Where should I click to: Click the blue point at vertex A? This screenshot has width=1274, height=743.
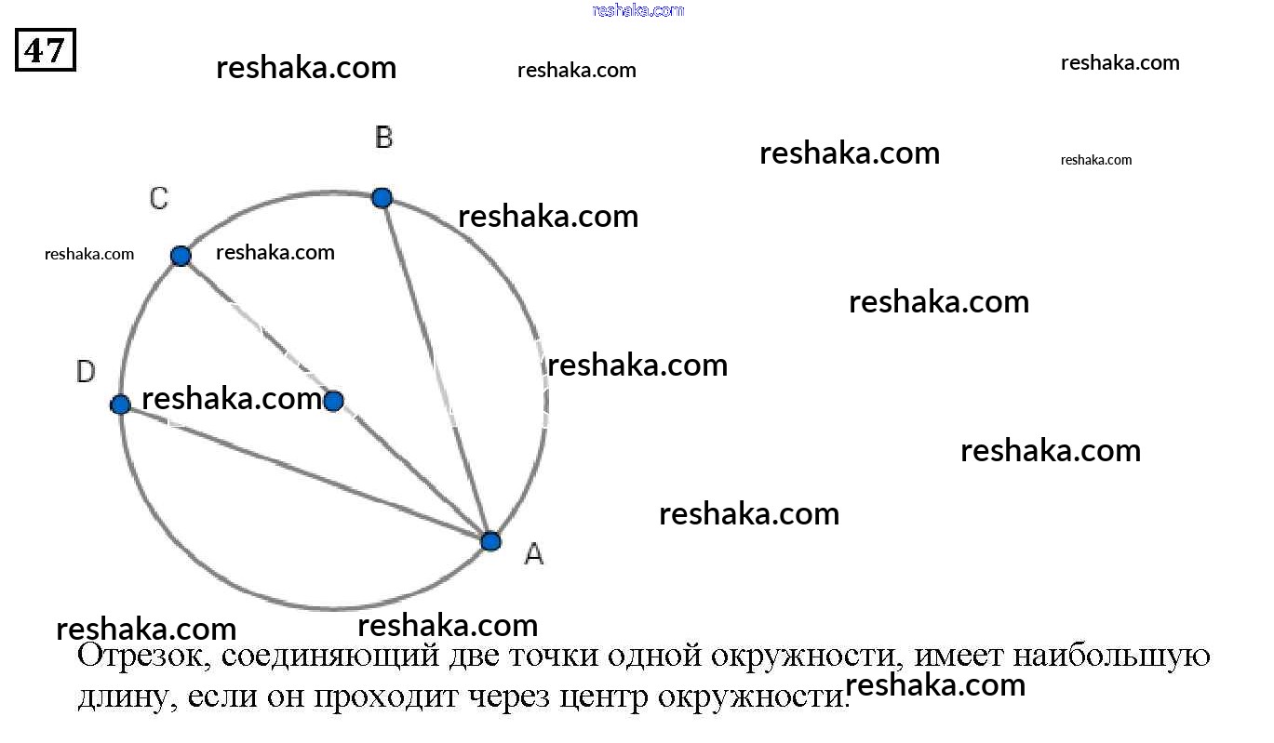[x=490, y=541]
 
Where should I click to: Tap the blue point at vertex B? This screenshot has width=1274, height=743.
[x=382, y=197]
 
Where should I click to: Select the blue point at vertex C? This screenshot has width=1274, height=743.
[x=181, y=256]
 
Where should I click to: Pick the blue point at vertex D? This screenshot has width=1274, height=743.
[x=120, y=405]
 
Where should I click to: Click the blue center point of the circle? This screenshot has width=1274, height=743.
[x=333, y=401]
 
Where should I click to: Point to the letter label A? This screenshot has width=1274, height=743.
[x=533, y=554]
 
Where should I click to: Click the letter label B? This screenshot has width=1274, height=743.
[x=383, y=139]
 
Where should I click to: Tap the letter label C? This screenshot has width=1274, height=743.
[x=159, y=198]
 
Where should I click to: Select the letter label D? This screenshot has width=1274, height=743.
[x=86, y=373]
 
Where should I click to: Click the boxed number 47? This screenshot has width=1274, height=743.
[x=45, y=50]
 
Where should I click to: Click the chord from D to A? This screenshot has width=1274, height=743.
[x=307, y=473]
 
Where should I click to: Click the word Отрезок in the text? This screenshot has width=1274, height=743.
[x=141, y=656]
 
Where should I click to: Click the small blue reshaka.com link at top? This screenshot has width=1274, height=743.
[x=637, y=10]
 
